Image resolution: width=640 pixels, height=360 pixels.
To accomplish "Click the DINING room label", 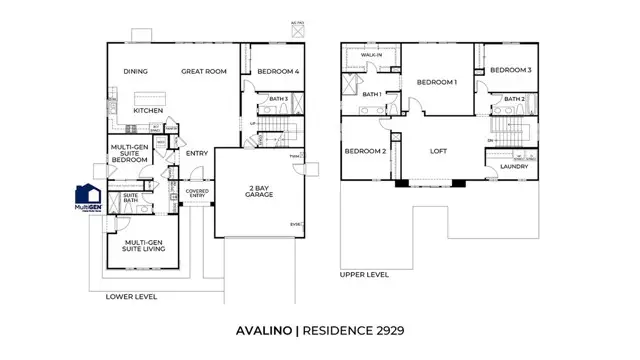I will click(x=136, y=72).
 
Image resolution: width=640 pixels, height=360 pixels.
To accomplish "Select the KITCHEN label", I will click(x=149, y=110).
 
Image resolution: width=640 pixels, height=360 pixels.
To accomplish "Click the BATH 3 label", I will click(x=278, y=99).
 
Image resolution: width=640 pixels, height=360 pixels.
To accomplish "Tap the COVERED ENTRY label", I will click(x=197, y=193).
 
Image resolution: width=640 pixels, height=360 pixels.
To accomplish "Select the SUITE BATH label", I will click(x=130, y=199).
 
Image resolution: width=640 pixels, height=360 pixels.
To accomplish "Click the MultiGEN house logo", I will click(x=87, y=196).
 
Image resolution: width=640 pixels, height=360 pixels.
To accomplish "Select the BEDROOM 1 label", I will click(x=437, y=82).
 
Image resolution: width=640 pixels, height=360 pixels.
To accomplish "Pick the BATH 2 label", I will click(x=514, y=98).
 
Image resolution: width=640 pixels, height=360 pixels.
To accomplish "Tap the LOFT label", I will click(x=437, y=152).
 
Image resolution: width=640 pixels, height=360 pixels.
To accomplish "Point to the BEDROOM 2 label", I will click(x=364, y=152).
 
